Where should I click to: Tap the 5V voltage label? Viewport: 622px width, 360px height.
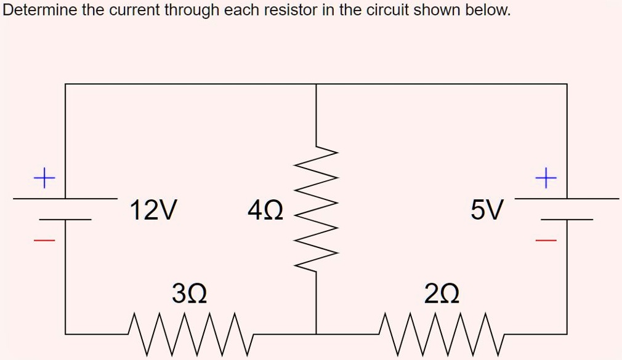[487, 210]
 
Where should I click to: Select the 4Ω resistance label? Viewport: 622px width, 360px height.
[265, 210]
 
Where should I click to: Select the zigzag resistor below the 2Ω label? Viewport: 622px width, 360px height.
[442, 334]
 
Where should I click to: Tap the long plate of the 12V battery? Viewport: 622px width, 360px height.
[65, 199]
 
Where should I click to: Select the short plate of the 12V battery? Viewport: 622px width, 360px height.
[65, 219]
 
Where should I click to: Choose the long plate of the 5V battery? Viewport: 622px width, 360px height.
[567, 199]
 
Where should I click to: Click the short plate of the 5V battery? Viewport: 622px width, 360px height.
[567, 219]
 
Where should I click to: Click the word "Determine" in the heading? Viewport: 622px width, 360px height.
[39, 10]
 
